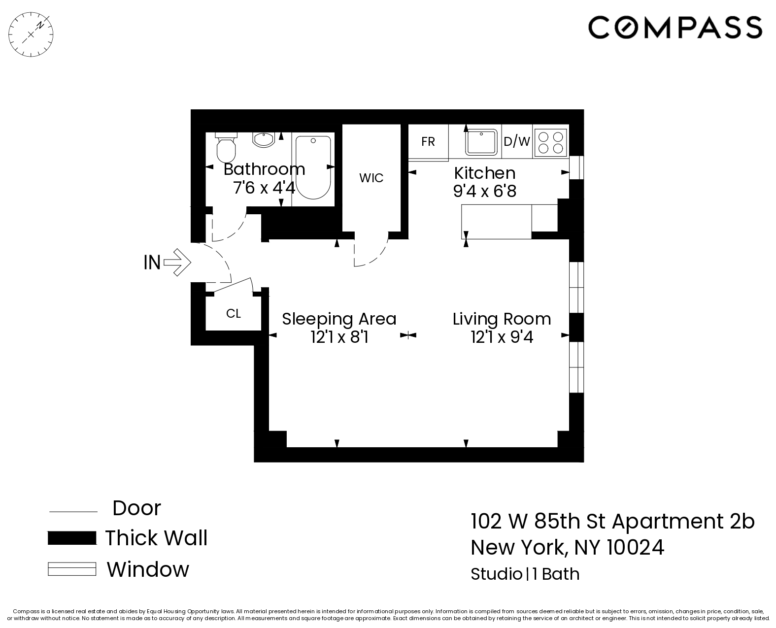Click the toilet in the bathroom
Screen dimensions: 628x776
[227, 149]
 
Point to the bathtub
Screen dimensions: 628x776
[313, 167]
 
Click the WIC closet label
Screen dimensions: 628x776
[371, 178]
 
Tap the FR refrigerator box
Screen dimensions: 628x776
[428, 142]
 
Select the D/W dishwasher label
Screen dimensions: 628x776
[516, 142]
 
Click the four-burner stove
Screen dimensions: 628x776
[551, 142]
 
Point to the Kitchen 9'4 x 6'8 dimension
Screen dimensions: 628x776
[484, 191]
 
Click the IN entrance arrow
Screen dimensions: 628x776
[176, 262]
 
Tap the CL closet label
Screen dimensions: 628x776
[233, 314]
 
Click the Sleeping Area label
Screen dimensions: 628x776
[339, 319]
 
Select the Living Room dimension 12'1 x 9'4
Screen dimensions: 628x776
[502, 337]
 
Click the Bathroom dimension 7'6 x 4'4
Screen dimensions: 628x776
[264, 188]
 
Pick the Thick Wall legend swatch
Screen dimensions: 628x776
[72, 538]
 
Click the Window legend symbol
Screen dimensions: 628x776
[72, 569]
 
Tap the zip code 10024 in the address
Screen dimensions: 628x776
[635, 547]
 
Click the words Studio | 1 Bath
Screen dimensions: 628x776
[525, 574]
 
